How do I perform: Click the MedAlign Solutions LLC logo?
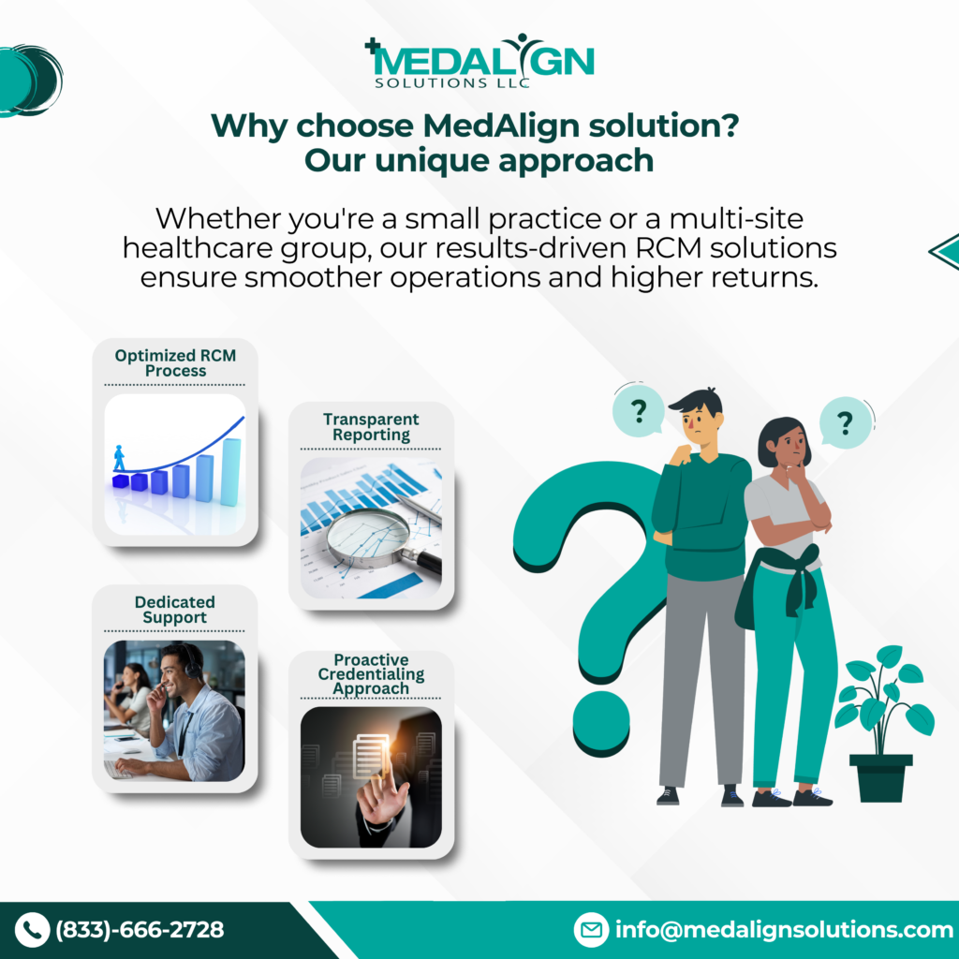pyautogui.click(x=479, y=61)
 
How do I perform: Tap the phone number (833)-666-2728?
pyautogui.click(x=140, y=930)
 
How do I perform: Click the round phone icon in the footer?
pyautogui.click(x=32, y=930)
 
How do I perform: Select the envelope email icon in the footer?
pyautogui.click(x=591, y=930)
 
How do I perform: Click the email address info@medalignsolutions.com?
pyautogui.click(x=784, y=930)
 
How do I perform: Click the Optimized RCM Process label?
pyautogui.click(x=175, y=362)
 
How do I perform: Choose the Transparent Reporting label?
pyautogui.click(x=371, y=427)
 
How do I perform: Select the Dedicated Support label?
pyautogui.click(x=175, y=609)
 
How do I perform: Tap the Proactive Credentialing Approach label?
pyautogui.click(x=371, y=674)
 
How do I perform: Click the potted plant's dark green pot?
pyautogui.click(x=880, y=778)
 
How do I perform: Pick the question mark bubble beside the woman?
pyautogui.click(x=846, y=422)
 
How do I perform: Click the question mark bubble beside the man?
pyautogui.click(x=639, y=410)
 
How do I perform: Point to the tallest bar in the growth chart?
pyautogui.click(x=230, y=472)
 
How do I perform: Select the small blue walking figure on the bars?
pyautogui.click(x=119, y=458)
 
